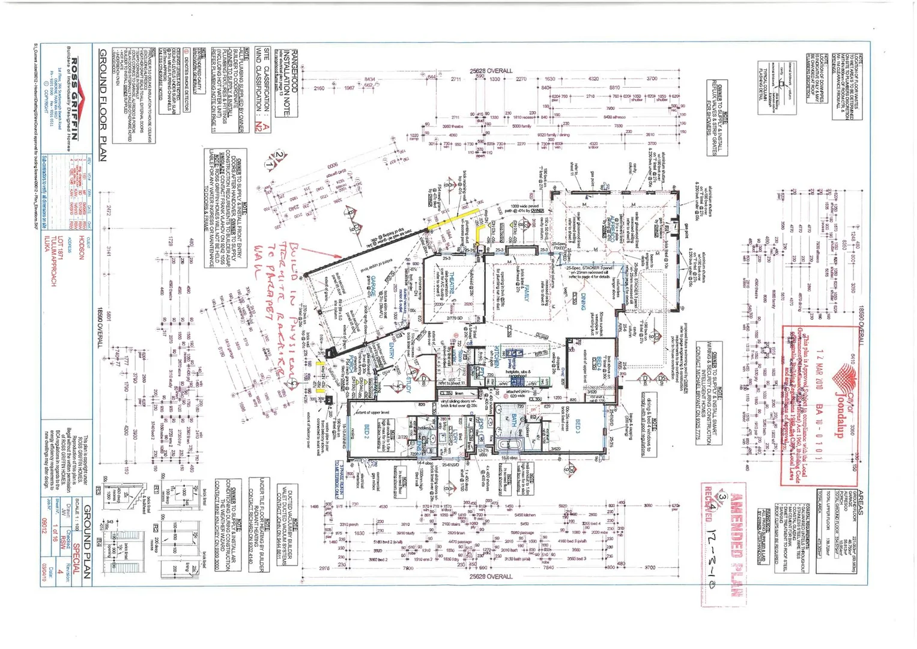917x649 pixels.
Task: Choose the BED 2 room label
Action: pos(367,430)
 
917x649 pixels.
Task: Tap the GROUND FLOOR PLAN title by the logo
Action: pos(102,105)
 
